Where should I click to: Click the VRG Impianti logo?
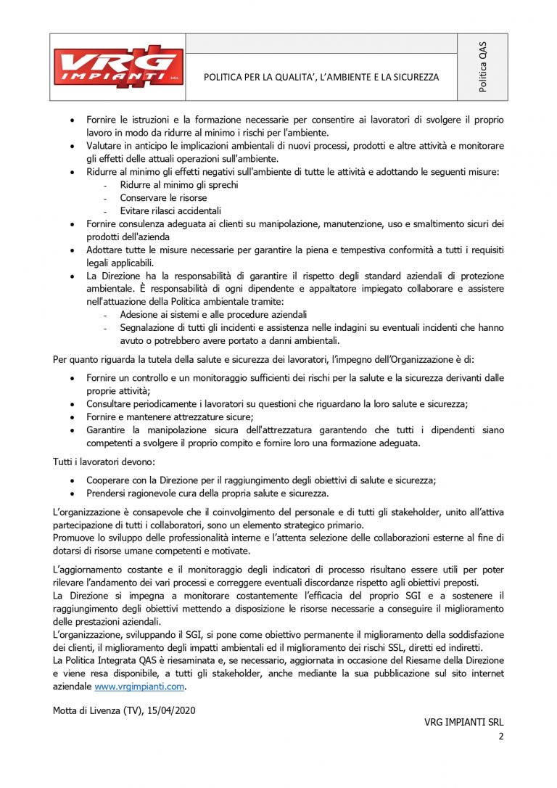117,67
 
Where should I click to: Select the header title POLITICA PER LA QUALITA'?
321,76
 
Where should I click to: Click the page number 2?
500,736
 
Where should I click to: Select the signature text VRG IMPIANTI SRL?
463,723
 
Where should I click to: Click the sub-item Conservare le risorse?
163,197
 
